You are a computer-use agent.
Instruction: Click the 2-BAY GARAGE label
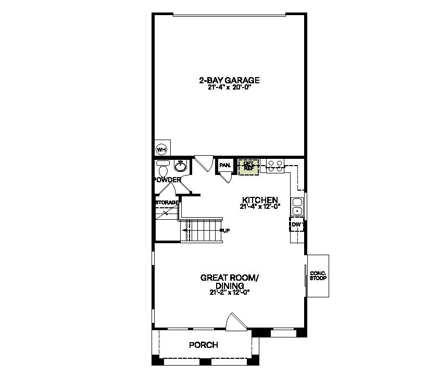229,80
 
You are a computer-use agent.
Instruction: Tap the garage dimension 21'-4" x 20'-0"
229,87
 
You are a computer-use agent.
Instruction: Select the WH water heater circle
161,149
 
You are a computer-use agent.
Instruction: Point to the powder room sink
181,166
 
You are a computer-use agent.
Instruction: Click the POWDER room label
168,180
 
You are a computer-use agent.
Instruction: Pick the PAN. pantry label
225,165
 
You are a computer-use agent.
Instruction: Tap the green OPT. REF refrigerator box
248,167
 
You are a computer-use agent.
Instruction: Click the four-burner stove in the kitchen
275,166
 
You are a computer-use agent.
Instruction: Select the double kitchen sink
297,207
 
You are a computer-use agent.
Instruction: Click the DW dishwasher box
296,224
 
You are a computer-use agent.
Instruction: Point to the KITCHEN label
260,200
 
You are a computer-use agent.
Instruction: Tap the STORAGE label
167,203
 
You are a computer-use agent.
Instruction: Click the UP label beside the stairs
225,231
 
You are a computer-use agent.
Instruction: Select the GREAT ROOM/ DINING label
230,282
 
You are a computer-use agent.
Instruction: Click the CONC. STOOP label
318,276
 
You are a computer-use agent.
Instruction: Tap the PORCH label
204,345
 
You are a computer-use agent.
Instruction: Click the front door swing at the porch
236,321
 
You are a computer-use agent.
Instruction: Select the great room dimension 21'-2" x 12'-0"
230,292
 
